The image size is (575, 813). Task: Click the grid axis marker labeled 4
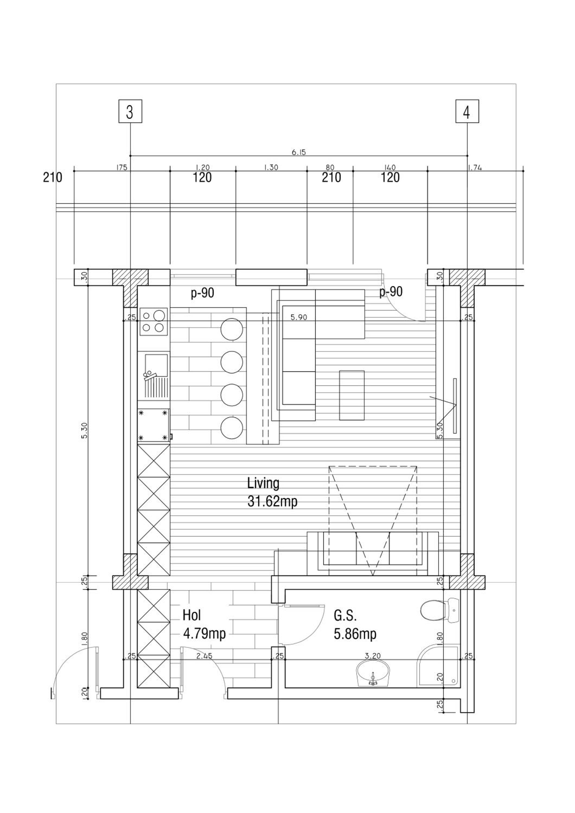[467, 112]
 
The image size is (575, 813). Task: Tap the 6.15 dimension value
[298, 152]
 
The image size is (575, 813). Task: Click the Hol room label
[192, 615]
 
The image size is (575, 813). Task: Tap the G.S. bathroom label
[345, 616]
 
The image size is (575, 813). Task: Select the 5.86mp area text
[355, 634]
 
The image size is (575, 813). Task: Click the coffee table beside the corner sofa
[352, 395]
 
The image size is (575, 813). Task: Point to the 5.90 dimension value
[299, 317]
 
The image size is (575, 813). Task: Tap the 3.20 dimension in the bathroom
[372, 656]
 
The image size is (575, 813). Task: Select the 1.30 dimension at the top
[271, 167]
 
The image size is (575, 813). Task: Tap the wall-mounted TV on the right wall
[455, 405]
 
